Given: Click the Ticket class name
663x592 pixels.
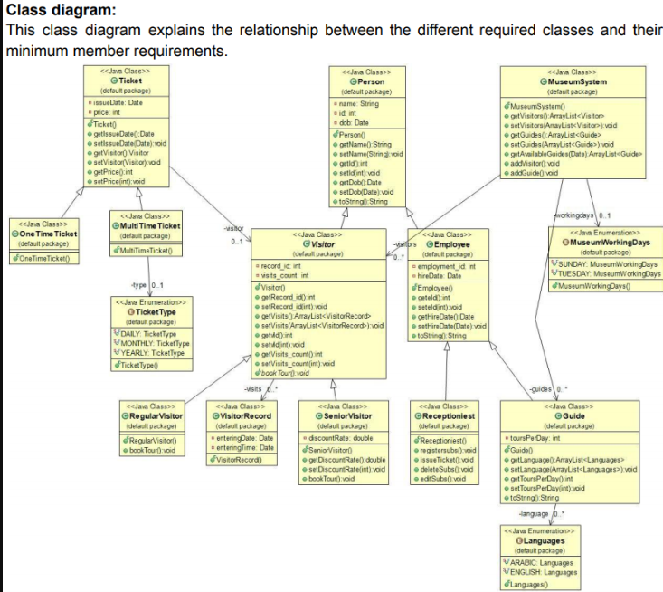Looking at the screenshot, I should (x=129, y=81).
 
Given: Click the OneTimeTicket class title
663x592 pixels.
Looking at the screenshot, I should (x=45, y=234).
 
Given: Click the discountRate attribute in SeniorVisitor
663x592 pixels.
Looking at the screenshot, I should (x=340, y=438).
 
